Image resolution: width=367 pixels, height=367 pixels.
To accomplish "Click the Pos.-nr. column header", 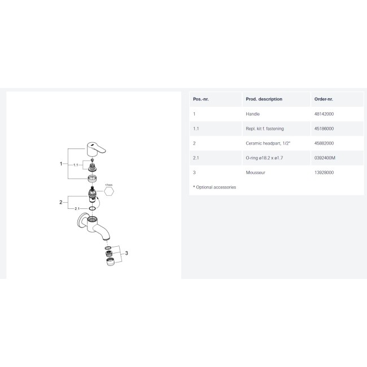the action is pyautogui.click(x=200, y=99).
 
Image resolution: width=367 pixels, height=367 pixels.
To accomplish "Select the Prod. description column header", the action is pyautogui.click(x=264, y=99).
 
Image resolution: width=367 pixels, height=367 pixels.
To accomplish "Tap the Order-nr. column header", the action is pyautogui.click(x=324, y=99).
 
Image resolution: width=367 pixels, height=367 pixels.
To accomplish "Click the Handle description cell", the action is pyautogui.click(x=252, y=114).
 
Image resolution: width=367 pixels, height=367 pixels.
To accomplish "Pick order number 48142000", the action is pyautogui.click(x=324, y=114).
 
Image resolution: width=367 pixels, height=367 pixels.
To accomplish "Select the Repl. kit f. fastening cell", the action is pyautogui.click(x=265, y=129).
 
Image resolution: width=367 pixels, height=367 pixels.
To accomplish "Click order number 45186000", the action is pyautogui.click(x=324, y=129).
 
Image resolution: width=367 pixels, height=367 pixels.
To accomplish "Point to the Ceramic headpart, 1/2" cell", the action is pyautogui.click(x=268, y=143).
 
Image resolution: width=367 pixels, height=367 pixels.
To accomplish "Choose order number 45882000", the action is pyautogui.click(x=324, y=143).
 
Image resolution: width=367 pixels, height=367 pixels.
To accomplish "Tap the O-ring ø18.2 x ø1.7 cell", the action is pyautogui.click(x=264, y=158).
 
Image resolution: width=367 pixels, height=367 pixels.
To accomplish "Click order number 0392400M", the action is pyautogui.click(x=325, y=158).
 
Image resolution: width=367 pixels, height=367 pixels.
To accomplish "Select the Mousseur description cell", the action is pyautogui.click(x=255, y=173).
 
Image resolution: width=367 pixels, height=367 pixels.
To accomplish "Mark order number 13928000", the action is pyautogui.click(x=324, y=173).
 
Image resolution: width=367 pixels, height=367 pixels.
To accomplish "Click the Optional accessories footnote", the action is pyautogui.click(x=215, y=187).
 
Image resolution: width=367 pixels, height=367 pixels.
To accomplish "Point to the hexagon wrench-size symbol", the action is pyautogui.click(x=109, y=191).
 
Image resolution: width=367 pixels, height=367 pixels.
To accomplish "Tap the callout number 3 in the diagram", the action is pyautogui.click(x=126, y=253).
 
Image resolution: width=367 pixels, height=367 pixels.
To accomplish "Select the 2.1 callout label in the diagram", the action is pyautogui.click(x=77, y=208).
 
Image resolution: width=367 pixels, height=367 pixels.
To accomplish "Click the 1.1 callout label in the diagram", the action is pyautogui.click(x=76, y=165).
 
